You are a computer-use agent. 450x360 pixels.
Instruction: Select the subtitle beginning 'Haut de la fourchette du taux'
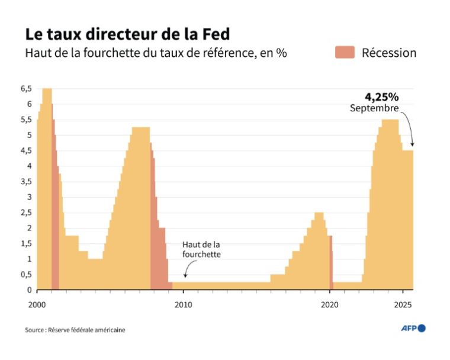(x=156, y=53)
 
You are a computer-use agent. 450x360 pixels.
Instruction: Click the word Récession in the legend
(x=389, y=53)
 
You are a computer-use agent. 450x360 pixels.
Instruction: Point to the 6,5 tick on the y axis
(x=26, y=89)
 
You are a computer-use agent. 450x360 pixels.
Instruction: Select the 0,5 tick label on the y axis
(x=26, y=275)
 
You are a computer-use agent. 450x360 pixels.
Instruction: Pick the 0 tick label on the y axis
(x=28, y=290)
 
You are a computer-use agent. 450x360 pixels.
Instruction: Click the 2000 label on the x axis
(x=37, y=303)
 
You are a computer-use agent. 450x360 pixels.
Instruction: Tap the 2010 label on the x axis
(x=184, y=303)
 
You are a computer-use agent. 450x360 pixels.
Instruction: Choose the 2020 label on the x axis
(x=330, y=303)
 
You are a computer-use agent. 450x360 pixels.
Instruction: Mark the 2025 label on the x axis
(x=403, y=303)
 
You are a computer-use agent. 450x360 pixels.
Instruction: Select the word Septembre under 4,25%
(x=374, y=108)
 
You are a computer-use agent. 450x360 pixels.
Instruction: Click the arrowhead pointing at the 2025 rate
(x=412, y=145)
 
